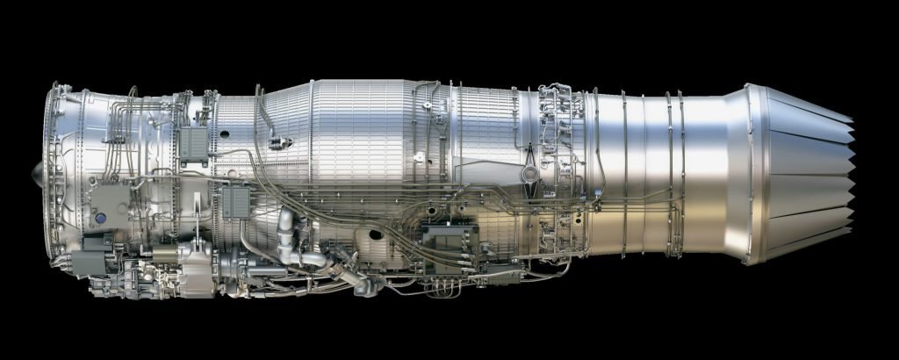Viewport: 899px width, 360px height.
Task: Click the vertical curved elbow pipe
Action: tap(287, 237)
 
